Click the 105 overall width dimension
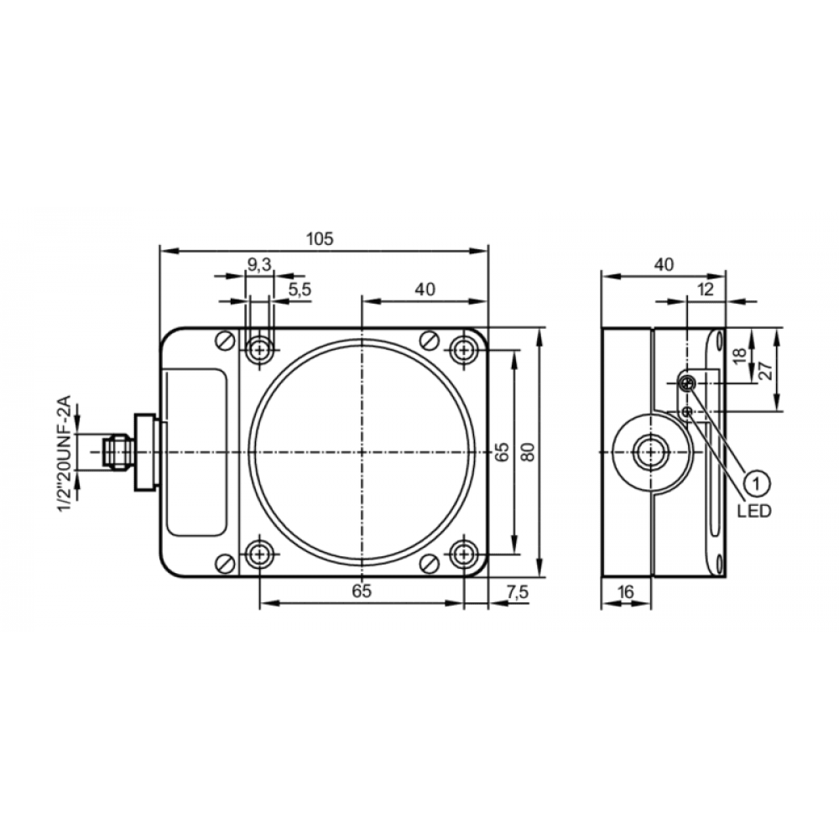[x=320, y=238]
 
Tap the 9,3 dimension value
[x=259, y=264]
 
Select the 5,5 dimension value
[x=300, y=289]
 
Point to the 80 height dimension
[x=529, y=452]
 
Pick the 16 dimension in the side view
[x=625, y=591]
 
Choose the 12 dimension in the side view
[x=706, y=289]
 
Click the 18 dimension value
[x=739, y=356]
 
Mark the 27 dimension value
[x=766, y=370]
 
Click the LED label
[x=754, y=511]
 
